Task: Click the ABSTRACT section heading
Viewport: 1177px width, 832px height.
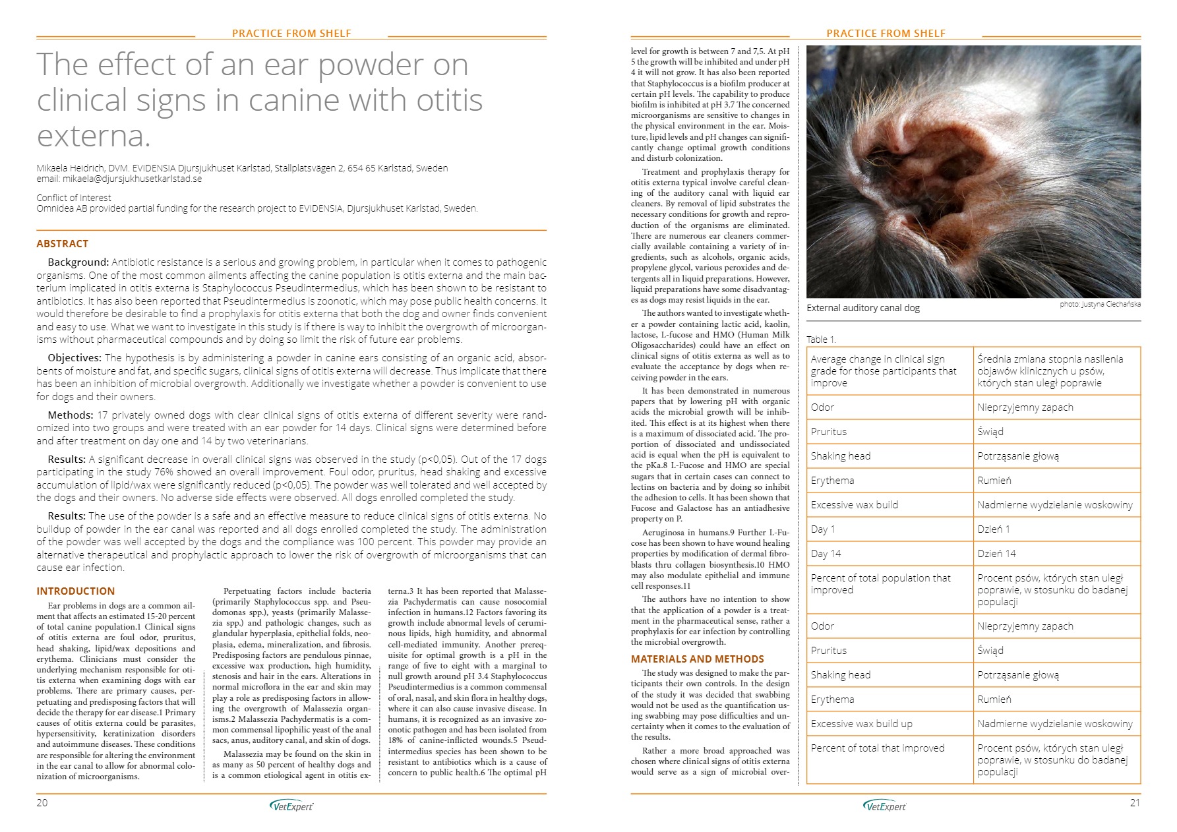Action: coord(62,243)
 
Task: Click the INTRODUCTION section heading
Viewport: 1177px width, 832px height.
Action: coord(75,591)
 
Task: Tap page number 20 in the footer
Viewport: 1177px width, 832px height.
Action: coord(42,802)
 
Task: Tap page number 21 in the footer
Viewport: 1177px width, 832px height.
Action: coord(1134,802)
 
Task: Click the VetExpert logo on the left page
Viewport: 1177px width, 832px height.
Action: coord(291,805)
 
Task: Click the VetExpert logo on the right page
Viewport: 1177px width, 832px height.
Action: coord(884,805)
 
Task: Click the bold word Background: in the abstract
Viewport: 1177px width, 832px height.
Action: coord(78,262)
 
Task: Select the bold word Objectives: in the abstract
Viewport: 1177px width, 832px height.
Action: coord(75,358)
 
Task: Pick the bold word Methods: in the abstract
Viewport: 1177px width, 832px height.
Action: coord(71,415)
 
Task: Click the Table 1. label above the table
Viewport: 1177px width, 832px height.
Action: coord(821,340)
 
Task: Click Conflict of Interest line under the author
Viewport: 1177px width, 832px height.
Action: coord(74,198)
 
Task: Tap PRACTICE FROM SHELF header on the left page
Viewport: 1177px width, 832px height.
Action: coord(291,33)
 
